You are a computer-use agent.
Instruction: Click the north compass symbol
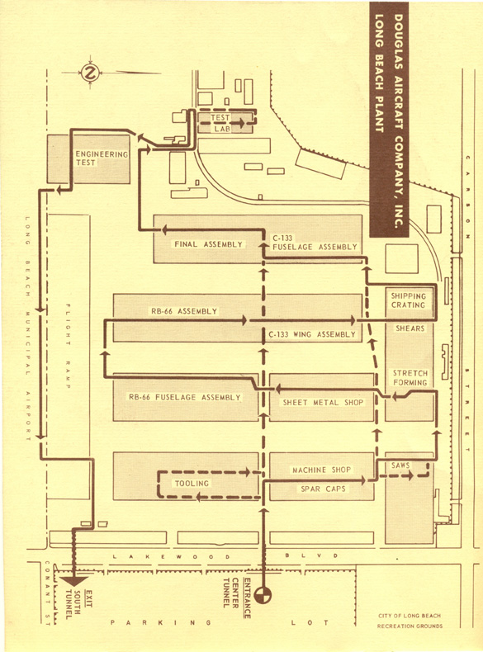[90, 73]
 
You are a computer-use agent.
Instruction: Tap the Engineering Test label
[102, 158]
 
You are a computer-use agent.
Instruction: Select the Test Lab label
[220, 123]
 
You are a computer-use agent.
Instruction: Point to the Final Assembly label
[208, 244]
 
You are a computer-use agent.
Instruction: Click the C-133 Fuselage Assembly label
[315, 243]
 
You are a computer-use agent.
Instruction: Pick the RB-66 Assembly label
[184, 311]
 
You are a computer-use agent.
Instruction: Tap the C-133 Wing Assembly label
[312, 334]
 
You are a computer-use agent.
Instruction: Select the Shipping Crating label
[408, 300]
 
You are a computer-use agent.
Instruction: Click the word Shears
[410, 328]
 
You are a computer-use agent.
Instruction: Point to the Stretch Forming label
[410, 377]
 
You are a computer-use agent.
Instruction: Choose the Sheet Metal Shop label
[323, 403]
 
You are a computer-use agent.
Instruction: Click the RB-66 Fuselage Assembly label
[185, 397]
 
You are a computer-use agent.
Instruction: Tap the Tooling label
[192, 483]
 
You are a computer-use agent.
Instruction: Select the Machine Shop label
[321, 470]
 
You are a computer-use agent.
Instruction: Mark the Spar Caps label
[324, 489]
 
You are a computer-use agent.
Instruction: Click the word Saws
[400, 465]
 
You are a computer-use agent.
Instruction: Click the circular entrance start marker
[263, 595]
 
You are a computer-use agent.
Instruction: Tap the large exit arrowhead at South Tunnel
[73, 581]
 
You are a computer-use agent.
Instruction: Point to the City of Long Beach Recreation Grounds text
[410, 621]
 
